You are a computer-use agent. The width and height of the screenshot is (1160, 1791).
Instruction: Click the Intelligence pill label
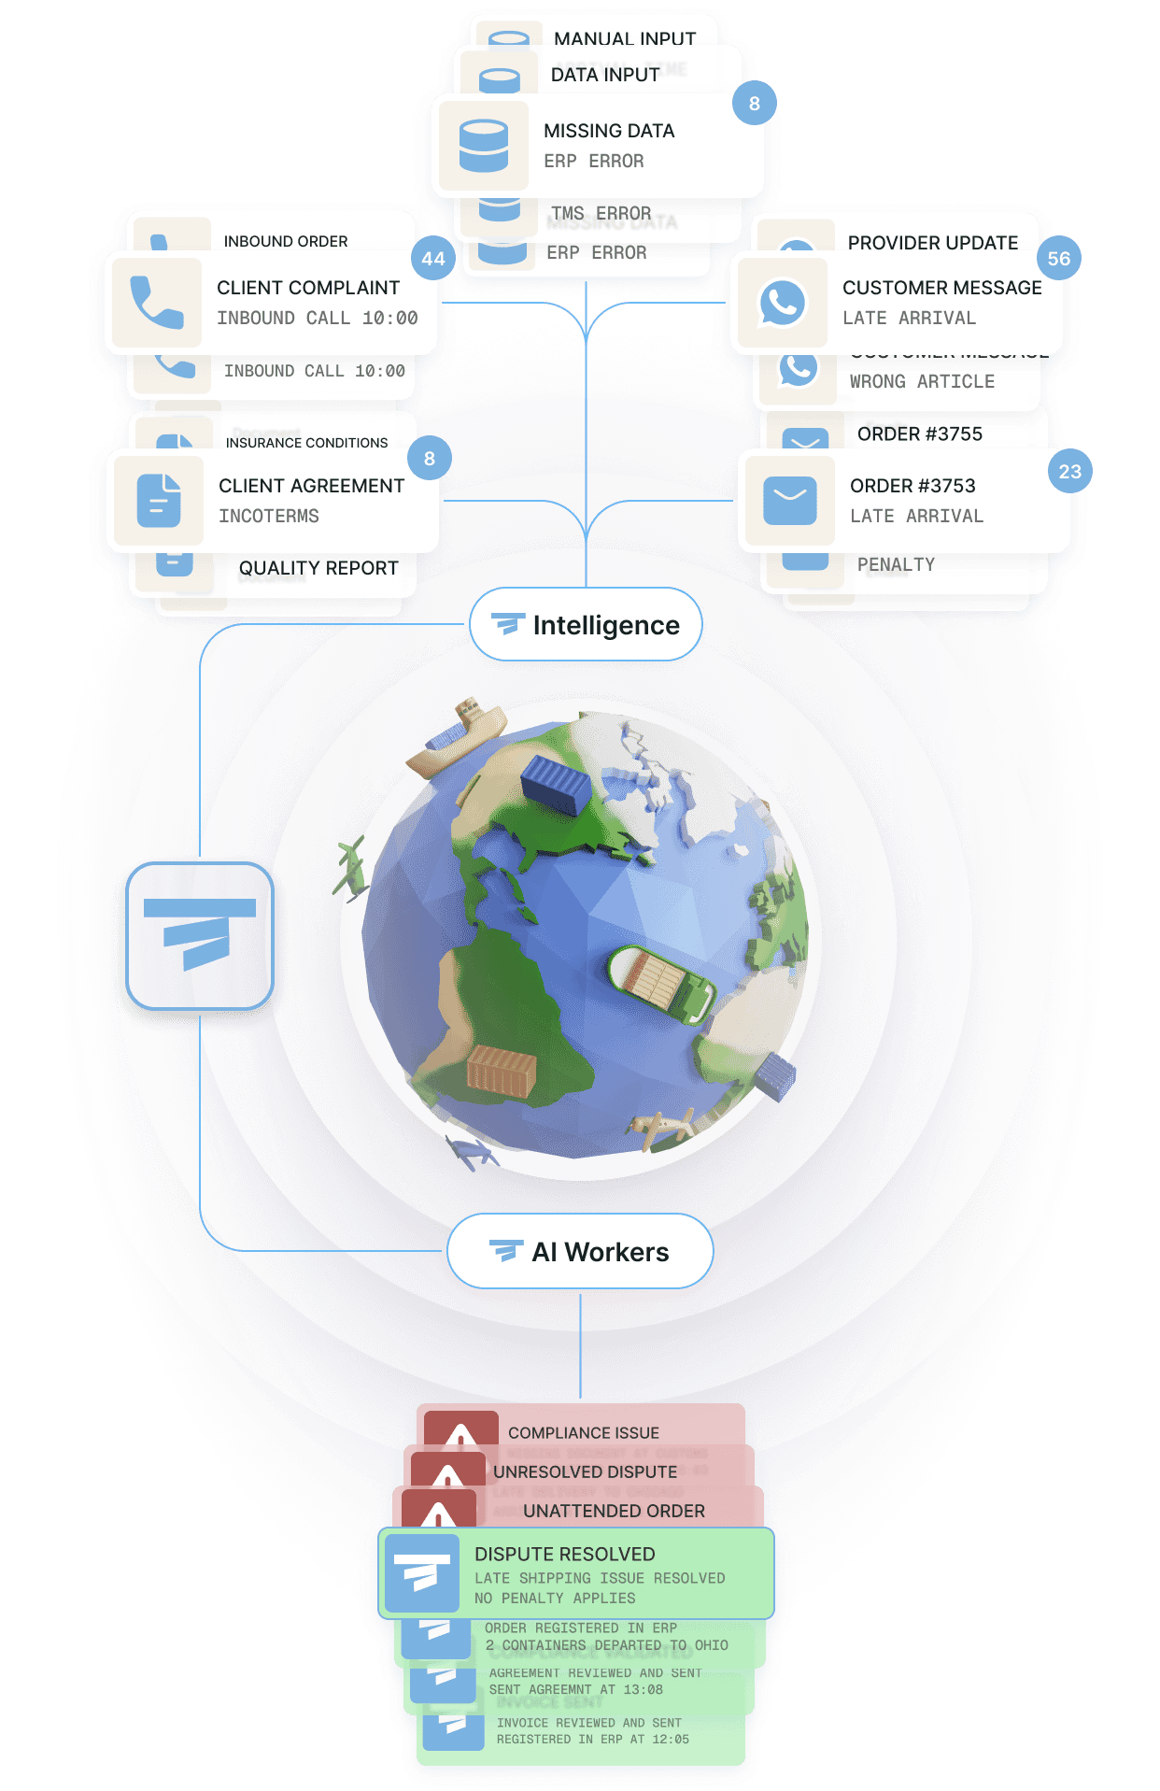point(586,625)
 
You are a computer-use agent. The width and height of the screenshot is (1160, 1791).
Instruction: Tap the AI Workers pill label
point(580,1252)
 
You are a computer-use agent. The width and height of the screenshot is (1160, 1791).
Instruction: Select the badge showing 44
point(433,259)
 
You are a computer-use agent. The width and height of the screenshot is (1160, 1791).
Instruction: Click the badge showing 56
point(1058,259)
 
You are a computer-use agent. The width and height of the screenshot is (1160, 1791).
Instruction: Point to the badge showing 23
point(1069,472)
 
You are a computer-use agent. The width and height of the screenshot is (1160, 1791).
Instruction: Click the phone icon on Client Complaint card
point(157,303)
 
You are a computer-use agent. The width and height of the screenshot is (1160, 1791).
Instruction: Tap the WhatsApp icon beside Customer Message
point(782,303)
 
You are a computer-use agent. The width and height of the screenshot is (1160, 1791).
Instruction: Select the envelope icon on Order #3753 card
point(789,500)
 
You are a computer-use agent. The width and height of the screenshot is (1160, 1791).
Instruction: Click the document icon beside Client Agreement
point(159,500)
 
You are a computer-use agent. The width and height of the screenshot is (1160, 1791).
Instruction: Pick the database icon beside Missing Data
point(484,146)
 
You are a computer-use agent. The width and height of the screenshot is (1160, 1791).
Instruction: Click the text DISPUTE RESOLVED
point(564,1554)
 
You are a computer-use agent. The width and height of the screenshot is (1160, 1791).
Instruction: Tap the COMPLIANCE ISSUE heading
point(583,1432)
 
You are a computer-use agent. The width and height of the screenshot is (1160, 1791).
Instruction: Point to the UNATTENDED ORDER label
point(614,1511)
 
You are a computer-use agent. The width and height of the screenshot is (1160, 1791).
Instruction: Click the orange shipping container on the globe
point(502,1070)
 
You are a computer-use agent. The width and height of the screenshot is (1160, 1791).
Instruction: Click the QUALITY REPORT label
point(318,568)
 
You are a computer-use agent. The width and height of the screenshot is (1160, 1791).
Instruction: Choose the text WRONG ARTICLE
point(922,381)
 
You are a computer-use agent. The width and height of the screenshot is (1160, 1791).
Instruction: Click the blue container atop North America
point(555,783)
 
